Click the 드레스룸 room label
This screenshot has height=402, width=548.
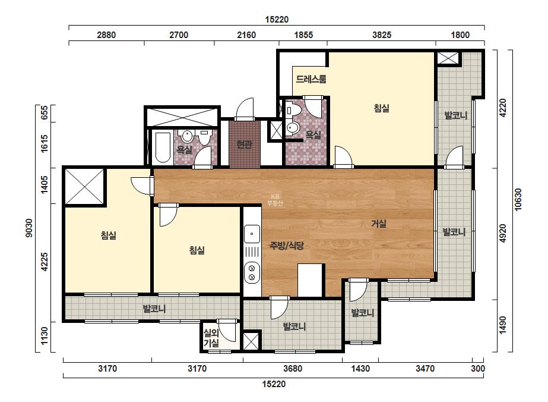coord(311,79)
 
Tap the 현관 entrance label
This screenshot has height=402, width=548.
coord(244,144)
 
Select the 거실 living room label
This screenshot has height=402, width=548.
coord(379,224)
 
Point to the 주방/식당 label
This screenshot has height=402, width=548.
coord(287,245)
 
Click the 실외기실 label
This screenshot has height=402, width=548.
coord(211,338)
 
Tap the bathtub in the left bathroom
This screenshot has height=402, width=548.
coord(163,147)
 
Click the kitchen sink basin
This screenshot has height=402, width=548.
coord(252,234)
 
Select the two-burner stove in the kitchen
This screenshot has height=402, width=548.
coord(252,273)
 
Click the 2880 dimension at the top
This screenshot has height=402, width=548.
coord(106,35)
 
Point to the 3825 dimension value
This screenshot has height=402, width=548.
coord(382,35)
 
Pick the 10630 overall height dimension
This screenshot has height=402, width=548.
coord(518,200)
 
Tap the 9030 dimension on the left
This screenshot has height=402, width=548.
coord(29,228)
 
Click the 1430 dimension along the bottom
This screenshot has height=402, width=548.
coord(360,368)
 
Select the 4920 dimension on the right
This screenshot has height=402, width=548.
coord(502,233)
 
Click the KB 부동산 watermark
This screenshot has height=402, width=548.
coord(275,200)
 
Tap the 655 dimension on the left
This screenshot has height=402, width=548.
coord(45,113)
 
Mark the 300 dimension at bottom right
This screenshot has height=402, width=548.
coord(478,368)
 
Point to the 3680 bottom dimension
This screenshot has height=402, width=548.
coord(293,368)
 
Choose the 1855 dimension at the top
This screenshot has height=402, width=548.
coord(303,35)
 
